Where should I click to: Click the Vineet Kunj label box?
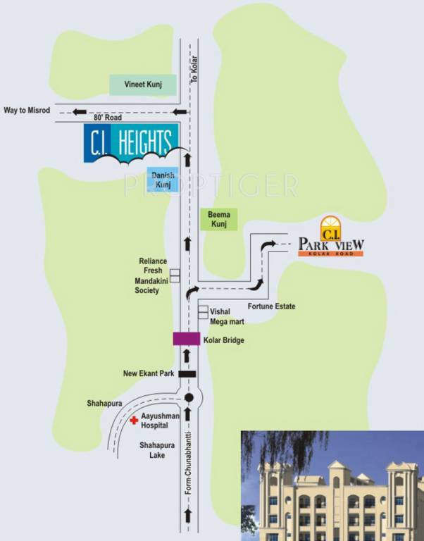[144, 84]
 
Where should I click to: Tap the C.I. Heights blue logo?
[131, 143]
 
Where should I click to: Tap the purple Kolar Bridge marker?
[187, 339]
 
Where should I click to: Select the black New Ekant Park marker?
[187, 373]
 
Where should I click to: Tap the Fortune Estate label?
[271, 306]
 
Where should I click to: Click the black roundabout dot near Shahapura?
[188, 398]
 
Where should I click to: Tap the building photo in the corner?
[332, 485]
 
